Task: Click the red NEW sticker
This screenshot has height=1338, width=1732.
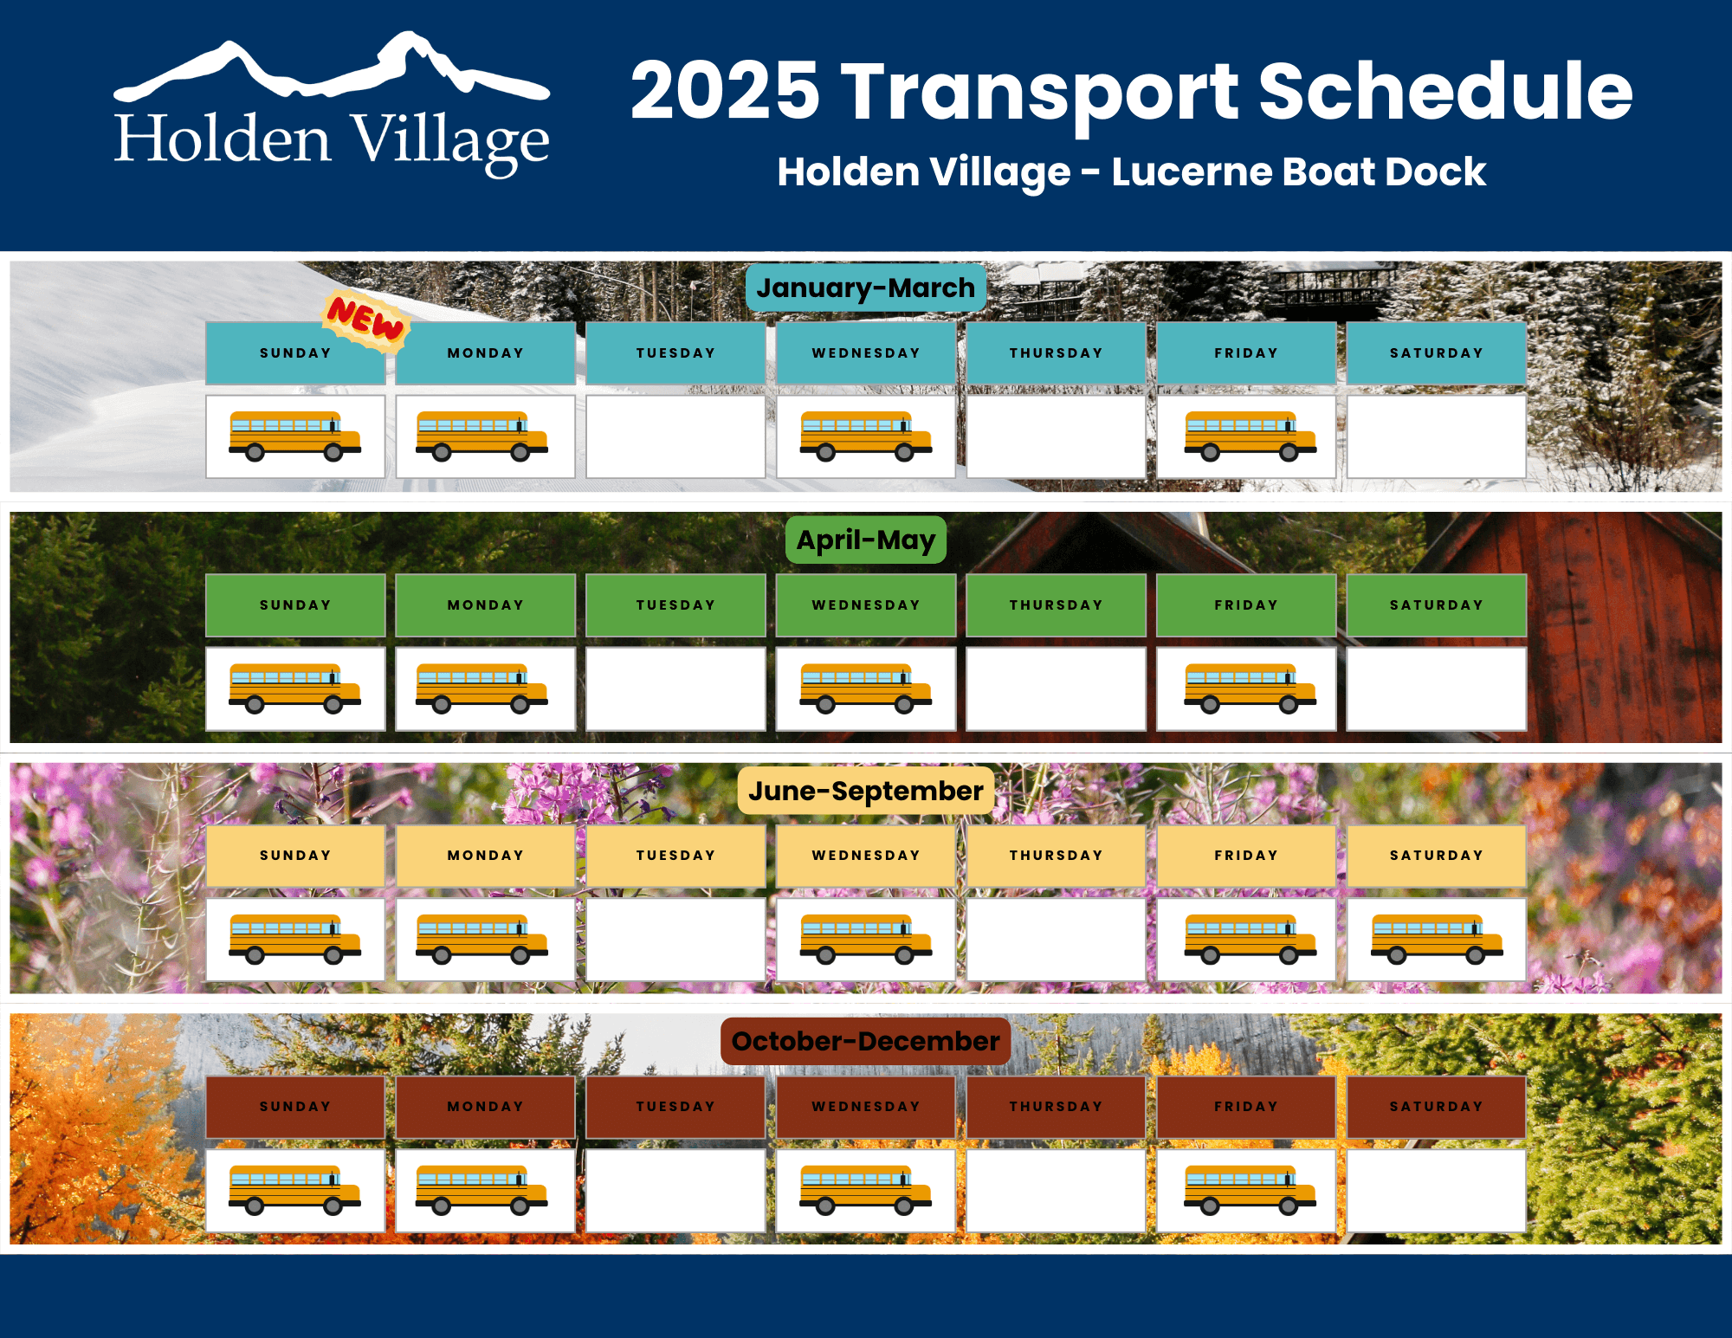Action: click(365, 321)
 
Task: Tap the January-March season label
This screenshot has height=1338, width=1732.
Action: click(866, 288)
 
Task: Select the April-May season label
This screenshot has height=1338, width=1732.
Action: click(866, 540)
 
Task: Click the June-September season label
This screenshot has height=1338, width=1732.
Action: click(866, 791)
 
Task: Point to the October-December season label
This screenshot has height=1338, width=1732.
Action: click(866, 1041)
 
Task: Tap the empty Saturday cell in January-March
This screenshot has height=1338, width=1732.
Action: click(1437, 436)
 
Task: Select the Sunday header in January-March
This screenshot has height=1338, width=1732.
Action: click(295, 353)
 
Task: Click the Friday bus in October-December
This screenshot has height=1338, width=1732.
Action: click(1250, 1190)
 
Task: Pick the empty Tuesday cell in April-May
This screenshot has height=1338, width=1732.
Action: click(675, 688)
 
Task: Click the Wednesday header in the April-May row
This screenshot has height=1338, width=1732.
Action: click(866, 605)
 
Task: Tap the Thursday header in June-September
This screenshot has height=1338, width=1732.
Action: click(1057, 856)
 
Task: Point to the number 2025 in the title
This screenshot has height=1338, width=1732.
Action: click(726, 91)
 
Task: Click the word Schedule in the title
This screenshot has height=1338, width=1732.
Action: click(1445, 90)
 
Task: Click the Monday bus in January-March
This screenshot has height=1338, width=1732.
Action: click(482, 436)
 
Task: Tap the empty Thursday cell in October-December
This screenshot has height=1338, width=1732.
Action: click(1057, 1191)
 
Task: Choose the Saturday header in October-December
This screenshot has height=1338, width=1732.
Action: click(1437, 1107)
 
